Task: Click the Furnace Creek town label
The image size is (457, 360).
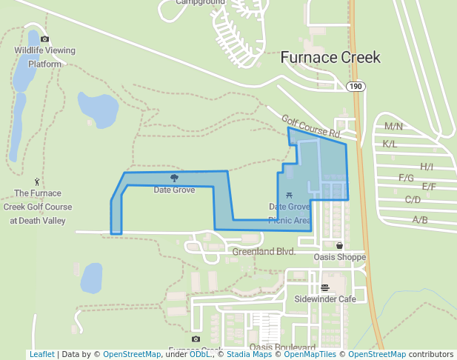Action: pos(330,57)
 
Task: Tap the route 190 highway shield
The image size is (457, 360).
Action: pos(356,87)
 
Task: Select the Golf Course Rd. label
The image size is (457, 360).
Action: pos(311,127)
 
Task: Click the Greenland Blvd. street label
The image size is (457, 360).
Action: pos(264,252)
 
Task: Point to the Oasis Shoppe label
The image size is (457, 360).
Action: pos(340,257)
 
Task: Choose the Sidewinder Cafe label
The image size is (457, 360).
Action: pos(325,299)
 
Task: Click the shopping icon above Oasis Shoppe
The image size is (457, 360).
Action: pos(340,245)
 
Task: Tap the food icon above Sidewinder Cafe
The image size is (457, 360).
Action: pos(324,287)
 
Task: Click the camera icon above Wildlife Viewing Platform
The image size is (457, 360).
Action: pos(44,39)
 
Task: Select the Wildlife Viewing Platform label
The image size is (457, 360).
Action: pos(45,57)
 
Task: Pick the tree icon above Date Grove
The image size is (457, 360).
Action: pos(174,178)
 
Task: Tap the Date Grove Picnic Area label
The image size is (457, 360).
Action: pos(290,213)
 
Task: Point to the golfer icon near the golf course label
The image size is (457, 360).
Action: pos(37,181)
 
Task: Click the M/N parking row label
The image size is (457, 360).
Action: pos(393,127)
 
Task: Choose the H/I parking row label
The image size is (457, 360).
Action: pos(427,167)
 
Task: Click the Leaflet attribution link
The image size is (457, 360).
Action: pos(41,354)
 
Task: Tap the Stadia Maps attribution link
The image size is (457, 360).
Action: pos(249,354)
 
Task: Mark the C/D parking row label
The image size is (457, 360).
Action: pos(413,199)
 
